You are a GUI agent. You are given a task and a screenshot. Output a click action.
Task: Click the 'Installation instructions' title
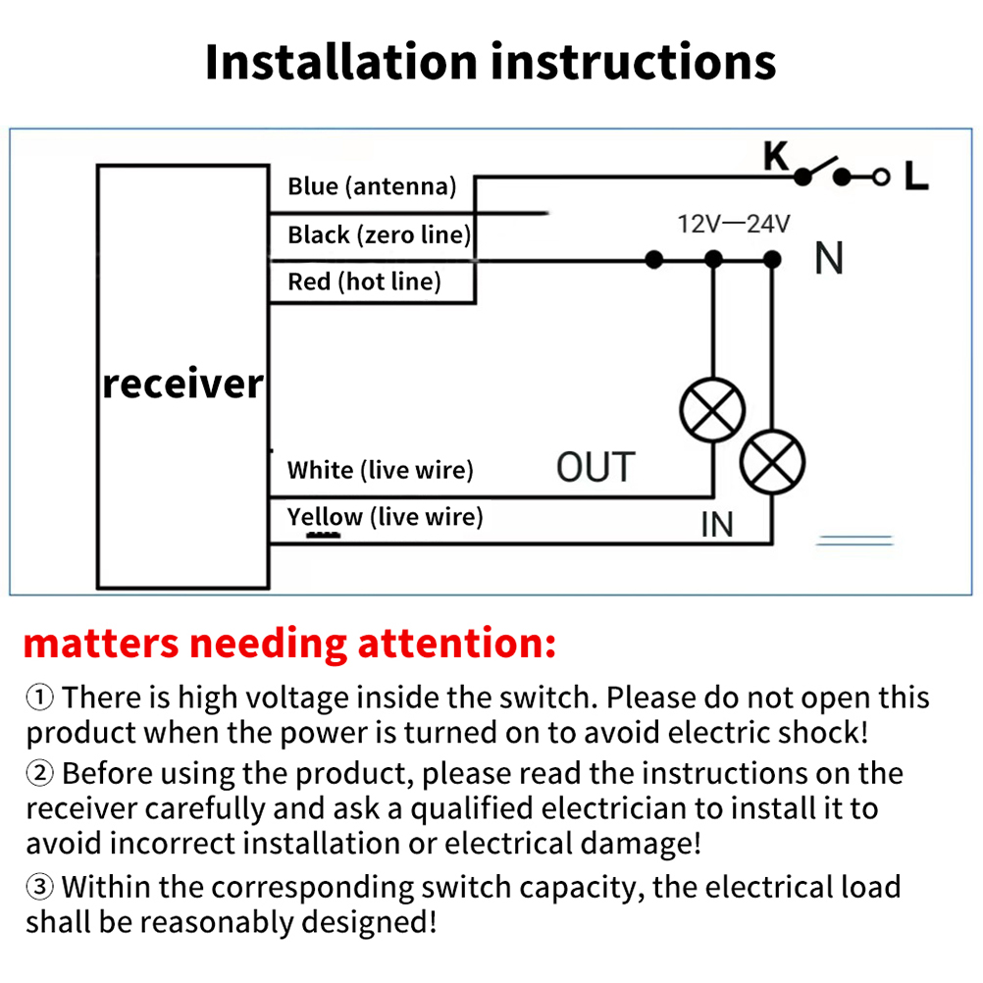(x=491, y=61)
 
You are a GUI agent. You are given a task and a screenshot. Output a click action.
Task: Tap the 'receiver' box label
(x=183, y=383)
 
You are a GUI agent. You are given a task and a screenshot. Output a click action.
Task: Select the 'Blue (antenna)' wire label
(x=372, y=185)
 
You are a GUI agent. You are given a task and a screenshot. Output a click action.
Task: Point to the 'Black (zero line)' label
(x=379, y=234)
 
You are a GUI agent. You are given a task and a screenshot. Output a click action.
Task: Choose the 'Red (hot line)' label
(x=364, y=283)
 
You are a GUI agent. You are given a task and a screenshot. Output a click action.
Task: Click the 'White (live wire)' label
(x=380, y=470)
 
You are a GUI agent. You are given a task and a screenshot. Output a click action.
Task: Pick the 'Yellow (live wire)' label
(x=385, y=517)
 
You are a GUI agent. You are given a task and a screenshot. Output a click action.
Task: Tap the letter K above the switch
(x=776, y=155)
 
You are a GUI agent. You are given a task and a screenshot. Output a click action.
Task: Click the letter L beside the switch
(x=916, y=177)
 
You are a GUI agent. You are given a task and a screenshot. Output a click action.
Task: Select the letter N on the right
(x=829, y=259)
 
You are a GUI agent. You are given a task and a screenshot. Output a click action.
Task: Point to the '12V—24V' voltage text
(x=734, y=224)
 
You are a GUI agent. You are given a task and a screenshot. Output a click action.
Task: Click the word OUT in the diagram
(x=595, y=467)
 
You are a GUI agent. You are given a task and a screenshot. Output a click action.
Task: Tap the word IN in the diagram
(x=717, y=524)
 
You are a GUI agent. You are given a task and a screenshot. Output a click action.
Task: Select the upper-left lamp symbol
(x=713, y=410)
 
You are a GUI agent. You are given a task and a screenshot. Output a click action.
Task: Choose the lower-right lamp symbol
(x=772, y=462)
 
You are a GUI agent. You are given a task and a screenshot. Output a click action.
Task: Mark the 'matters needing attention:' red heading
(x=289, y=644)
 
